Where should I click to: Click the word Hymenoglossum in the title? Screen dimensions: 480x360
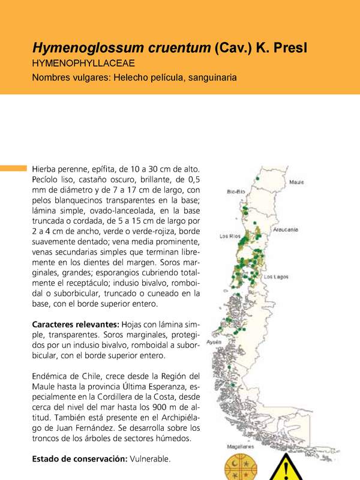85,48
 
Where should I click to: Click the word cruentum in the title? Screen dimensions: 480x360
176,48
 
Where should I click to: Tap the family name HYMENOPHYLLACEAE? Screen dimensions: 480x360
83,63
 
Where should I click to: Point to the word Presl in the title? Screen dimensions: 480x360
290,48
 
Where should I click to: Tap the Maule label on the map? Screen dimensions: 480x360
296,182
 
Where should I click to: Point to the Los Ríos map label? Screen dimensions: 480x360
230,235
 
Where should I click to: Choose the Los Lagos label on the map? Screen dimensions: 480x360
277,277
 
